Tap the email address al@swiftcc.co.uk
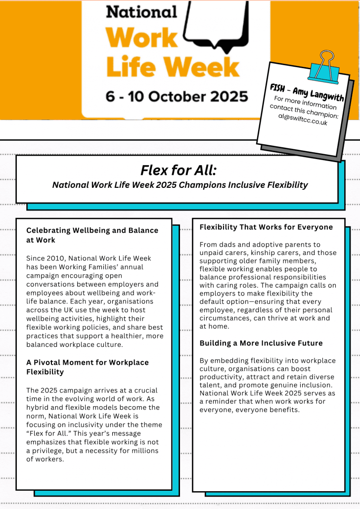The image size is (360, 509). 305,119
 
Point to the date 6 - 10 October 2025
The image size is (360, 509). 177,95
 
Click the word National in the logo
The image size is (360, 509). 141,11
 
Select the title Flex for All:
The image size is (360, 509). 179,170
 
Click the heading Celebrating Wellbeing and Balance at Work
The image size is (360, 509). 92,235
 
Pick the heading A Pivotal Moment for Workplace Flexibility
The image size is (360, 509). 87,367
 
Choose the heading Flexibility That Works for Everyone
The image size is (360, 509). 266,227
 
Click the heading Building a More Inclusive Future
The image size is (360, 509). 261,343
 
